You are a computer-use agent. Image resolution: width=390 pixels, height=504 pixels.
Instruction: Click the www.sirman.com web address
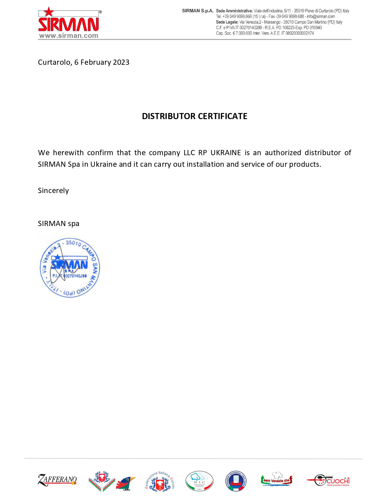(69, 36)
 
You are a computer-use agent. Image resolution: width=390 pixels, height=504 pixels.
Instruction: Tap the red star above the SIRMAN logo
(49, 12)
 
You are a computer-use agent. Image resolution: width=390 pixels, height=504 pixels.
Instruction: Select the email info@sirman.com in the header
(321, 16)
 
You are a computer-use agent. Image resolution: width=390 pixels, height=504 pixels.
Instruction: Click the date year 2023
(121, 62)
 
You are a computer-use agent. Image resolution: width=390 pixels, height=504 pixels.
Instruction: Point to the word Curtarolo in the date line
(54, 62)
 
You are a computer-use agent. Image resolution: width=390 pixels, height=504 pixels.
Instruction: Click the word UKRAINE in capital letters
(226, 153)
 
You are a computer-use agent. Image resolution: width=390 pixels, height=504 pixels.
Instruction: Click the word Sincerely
(53, 191)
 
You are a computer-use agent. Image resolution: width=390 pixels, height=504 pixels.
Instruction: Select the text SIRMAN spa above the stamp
(58, 224)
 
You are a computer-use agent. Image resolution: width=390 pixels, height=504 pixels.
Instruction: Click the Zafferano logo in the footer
(57, 480)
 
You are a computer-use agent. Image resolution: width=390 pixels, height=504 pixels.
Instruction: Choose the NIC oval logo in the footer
(199, 481)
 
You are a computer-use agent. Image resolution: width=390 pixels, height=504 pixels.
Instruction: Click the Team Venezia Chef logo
(277, 480)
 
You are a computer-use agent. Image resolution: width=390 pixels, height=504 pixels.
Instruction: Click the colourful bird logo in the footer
(126, 483)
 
